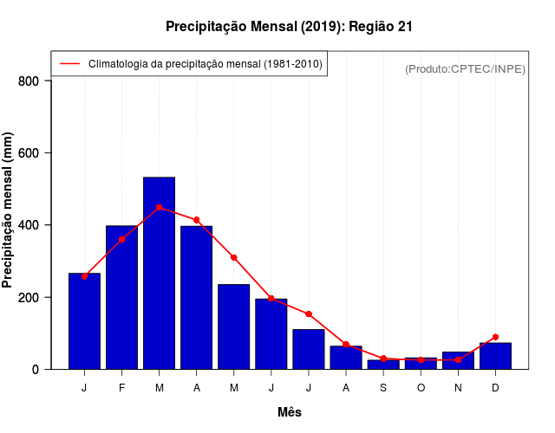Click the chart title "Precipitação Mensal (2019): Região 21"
[289, 27]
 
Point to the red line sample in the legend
[69, 63]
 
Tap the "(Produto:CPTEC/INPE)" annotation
[465, 68]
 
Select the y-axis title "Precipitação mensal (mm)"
[9, 210]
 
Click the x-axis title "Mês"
[290, 412]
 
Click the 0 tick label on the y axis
[36, 370]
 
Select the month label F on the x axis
[122, 387]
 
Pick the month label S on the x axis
[383, 387]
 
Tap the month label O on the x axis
[421, 387]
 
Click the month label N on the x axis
[458, 387]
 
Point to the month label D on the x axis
[495, 387]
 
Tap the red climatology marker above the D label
[495, 337]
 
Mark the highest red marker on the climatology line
[159, 208]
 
